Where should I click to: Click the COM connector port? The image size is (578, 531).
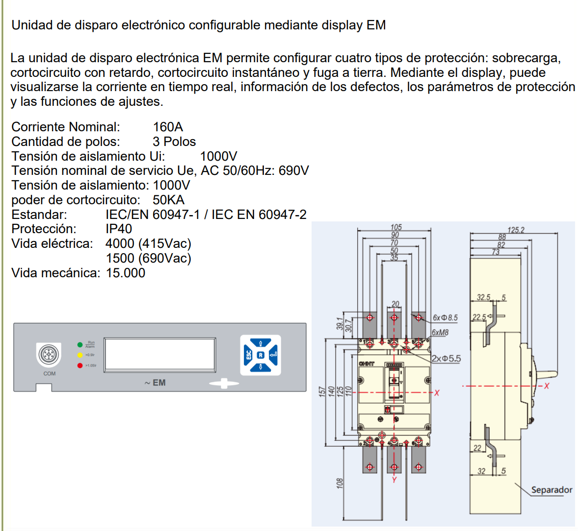(49, 354)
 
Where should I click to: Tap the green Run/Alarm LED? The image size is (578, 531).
(80, 345)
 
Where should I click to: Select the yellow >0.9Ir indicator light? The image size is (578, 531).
(80, 355)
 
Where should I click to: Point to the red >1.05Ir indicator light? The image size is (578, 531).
(80, 365)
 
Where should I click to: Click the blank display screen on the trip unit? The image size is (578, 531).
(160, 354)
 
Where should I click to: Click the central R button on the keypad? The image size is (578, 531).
(261, 355)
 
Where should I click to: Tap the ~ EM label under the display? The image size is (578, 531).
(155, 383)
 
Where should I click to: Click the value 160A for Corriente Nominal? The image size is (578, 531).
(168, 127)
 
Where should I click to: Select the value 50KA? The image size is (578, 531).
(168, 200)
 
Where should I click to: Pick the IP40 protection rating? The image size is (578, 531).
(119, 229)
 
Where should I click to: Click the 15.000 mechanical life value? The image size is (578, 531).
(126, 273)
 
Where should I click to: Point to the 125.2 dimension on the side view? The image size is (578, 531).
(516, 230)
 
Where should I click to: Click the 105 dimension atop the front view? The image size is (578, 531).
(396, 227)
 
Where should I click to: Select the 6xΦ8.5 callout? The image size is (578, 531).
(445, 318)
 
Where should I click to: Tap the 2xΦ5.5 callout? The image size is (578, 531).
(446, 359)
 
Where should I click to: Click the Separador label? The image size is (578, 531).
(552, 490)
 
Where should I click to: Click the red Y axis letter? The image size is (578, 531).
(394, 480)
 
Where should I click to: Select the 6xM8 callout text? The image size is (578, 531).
(440, 333)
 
